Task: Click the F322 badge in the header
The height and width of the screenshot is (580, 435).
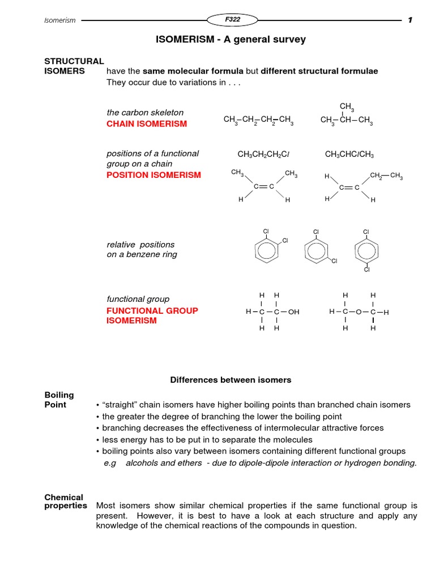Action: pos(232,20)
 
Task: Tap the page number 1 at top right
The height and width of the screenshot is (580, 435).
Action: pos(410,20)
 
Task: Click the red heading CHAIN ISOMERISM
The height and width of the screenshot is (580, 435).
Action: pos(146,124)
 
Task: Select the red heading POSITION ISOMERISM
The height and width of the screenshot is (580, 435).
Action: pos(153,175)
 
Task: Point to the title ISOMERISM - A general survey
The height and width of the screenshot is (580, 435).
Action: pos(231,40)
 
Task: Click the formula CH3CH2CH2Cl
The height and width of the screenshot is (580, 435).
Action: pos(263,154)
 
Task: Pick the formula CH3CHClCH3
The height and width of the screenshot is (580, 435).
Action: pos(349,154)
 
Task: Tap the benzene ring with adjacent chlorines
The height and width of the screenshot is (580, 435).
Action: pos(266,250)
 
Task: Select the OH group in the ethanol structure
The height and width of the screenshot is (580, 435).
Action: pos(293,312)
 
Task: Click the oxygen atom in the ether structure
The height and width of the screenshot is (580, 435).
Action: pos(359,312)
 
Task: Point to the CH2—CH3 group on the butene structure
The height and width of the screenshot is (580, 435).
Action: pos(386,176)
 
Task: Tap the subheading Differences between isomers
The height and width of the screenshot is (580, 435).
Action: pos(231,380)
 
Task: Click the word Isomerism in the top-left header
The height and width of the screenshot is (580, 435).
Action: pos(60,20)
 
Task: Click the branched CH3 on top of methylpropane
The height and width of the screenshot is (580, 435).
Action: pos(347,107)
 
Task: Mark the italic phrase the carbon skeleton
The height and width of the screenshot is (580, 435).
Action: pos(145,113)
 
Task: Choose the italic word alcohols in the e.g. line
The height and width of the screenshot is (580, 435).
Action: pos(147,463)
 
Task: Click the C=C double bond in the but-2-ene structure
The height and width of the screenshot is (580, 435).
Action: pos(264,186)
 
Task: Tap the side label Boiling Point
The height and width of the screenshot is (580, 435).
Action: pos(59,400)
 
